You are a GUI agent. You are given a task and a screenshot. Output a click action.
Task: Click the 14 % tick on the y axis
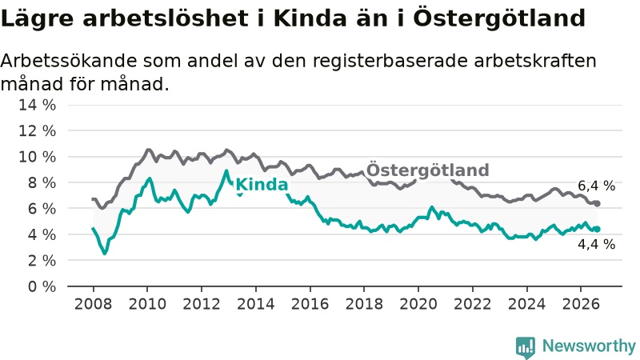pos(37,105)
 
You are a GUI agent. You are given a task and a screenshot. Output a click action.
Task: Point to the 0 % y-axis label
pos(42,286)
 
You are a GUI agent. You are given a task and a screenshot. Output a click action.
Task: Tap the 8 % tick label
pos(42,183)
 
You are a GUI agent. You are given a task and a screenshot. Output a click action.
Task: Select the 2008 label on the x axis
pos(93,304)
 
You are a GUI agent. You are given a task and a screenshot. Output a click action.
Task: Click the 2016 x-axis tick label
pos(310,304)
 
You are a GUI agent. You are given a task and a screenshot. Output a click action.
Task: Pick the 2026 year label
pos(581,304)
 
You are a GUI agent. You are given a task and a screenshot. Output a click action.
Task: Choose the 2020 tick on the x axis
pos(418,304)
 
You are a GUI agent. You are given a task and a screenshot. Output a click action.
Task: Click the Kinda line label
pos(262,185)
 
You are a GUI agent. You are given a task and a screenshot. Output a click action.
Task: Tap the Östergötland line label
pos(428,170)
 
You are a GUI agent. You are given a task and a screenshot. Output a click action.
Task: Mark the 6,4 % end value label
pos(596,186)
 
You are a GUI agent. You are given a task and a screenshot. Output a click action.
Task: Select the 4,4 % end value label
pos(596,244)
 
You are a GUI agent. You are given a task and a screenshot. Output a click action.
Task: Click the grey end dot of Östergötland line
pos(597,203)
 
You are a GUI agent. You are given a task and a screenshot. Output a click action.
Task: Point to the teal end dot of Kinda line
pos(597,229)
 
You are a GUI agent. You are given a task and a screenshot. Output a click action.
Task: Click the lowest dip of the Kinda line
pos(105,253)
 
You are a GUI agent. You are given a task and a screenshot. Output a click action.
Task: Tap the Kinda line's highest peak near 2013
pos(226,170)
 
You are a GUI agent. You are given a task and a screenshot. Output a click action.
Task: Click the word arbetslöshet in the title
pos(166,18)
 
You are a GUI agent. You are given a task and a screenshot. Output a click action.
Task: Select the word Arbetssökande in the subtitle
pos(69,61)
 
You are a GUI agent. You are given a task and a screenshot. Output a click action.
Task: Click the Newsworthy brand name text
pos(589,346)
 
